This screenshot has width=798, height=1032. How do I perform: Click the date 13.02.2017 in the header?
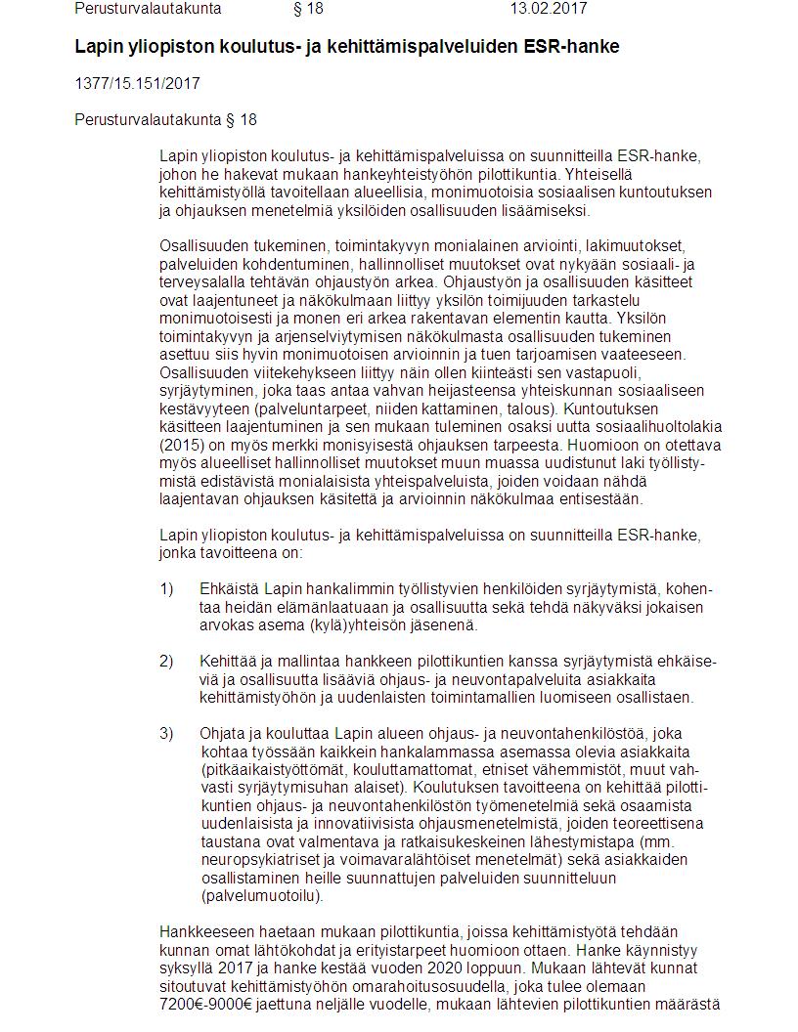point(548,9)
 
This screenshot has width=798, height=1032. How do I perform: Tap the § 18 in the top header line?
point(308,9)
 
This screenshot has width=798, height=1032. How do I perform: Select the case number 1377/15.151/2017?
point(137,83)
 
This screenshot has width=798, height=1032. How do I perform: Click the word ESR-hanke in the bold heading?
point(576,47)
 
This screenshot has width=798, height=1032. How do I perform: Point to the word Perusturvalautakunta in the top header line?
point(148,9)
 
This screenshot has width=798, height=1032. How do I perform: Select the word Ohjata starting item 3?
point(224,734)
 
